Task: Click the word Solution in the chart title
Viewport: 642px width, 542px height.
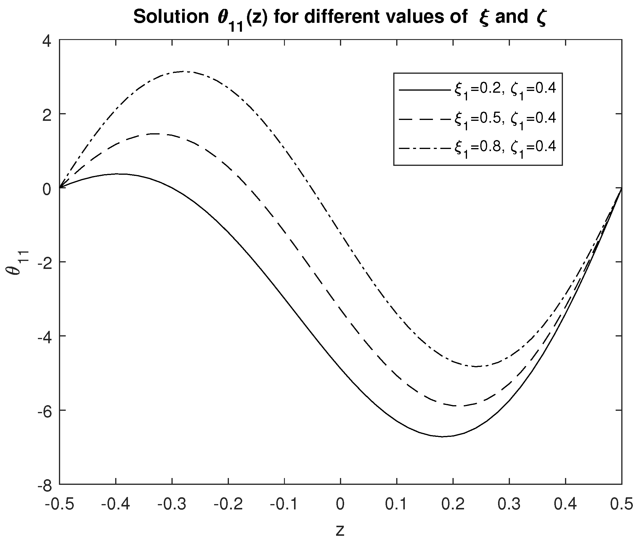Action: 171,17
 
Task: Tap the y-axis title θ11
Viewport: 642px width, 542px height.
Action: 17,262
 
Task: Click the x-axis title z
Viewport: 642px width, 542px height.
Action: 340,530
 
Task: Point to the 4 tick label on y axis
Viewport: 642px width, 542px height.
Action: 47,40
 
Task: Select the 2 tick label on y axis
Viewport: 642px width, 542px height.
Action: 47,114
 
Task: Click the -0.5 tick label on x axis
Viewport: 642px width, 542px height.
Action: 59,504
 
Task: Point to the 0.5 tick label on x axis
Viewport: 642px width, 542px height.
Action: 621,504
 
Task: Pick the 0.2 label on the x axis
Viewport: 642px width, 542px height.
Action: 453,504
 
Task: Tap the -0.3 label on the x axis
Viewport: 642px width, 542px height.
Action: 172,504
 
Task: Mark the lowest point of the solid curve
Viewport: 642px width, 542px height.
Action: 443,436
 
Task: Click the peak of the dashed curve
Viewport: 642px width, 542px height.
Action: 155,134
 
